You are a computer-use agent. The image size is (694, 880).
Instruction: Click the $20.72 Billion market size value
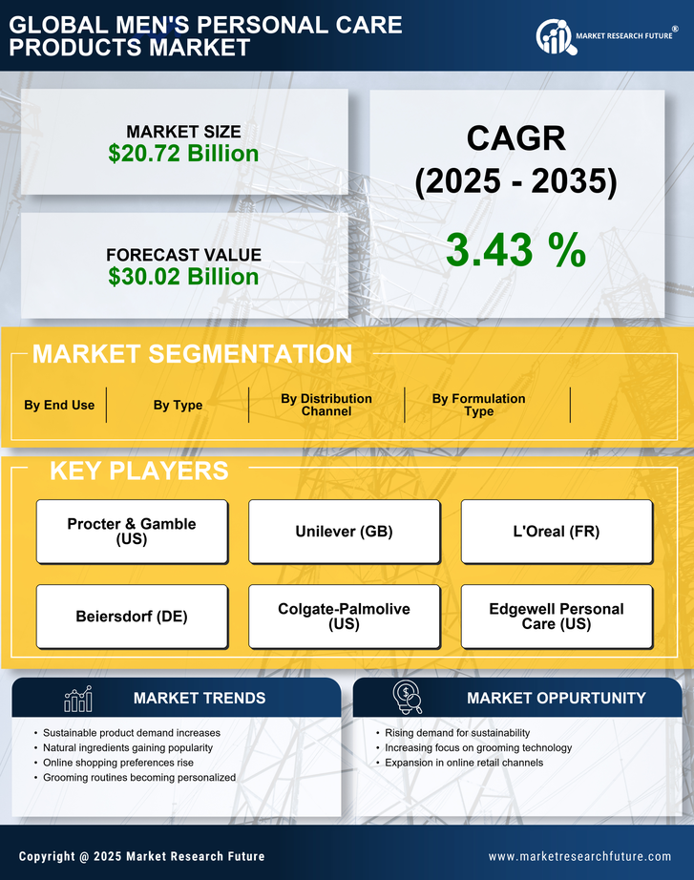tap(183, 154)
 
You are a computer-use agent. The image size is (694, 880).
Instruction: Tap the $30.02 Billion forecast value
tap(183, 277)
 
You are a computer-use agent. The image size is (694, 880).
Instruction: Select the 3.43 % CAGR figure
tap(515, 250)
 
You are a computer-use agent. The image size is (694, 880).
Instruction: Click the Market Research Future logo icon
tap(553, 36)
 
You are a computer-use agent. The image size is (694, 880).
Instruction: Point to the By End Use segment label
tap(59, 405)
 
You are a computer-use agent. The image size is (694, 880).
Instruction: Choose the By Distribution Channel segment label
tap(326, 405)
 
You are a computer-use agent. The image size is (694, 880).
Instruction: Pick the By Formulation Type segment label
tap(478, 405)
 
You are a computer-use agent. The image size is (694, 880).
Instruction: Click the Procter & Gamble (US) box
tap(132, 532)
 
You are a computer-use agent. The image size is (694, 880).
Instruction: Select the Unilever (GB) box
tap(344, 532)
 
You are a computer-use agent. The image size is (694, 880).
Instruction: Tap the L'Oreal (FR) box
tap(557, 532)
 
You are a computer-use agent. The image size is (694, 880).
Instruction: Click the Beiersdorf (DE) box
tap(132, 617)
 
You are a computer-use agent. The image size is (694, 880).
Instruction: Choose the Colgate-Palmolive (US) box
tap(344, 617)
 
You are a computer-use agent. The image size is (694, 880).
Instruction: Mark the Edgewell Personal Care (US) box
tap(557, 617)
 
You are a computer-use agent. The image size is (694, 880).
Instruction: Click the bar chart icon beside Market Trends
tap(77, 699)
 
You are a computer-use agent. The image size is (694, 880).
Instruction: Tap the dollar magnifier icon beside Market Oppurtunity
tap(408, 697)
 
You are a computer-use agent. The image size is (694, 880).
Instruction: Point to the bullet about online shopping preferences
tap(118, 763)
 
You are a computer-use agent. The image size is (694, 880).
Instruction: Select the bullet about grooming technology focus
tap(478, 747)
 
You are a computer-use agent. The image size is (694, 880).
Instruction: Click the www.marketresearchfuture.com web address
tap(579, 856)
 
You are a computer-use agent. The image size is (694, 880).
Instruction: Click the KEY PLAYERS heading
tap(138, 471)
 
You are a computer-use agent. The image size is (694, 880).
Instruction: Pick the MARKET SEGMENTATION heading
tap(192, 354)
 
